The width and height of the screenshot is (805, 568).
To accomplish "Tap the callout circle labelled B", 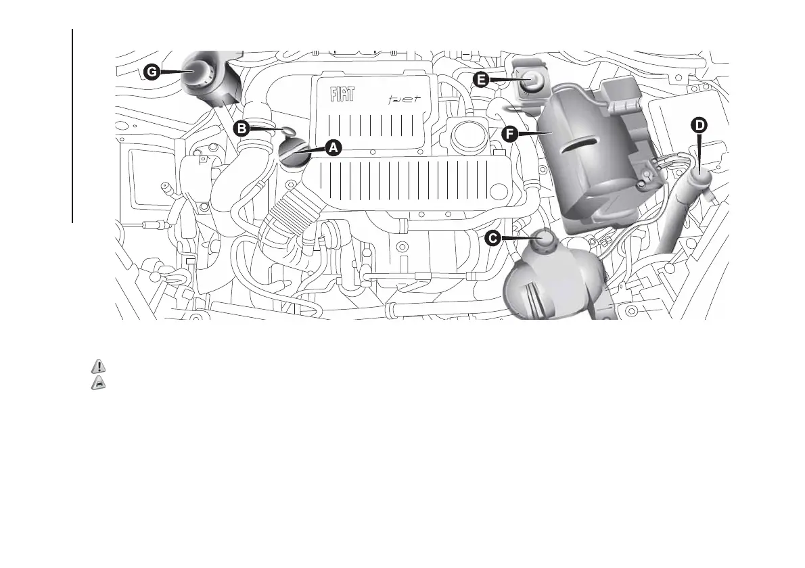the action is click(239, 126).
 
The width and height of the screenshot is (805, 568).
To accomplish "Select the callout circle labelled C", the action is click(494, 238).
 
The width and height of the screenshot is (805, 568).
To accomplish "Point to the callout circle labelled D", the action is click(699, 124).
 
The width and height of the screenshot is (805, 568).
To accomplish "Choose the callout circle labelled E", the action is click(481, 80).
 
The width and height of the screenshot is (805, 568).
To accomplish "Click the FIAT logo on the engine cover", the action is click(342, 95).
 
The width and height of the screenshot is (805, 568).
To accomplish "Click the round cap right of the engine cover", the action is click(467, 136).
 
